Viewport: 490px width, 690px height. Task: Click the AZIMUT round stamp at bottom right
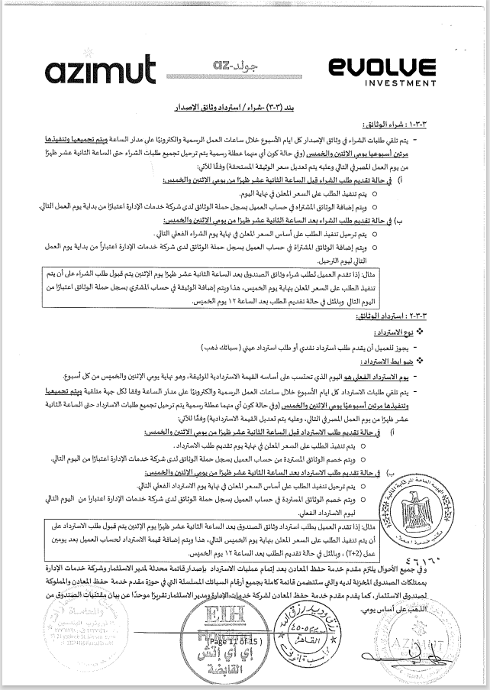[x=453, y=642]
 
